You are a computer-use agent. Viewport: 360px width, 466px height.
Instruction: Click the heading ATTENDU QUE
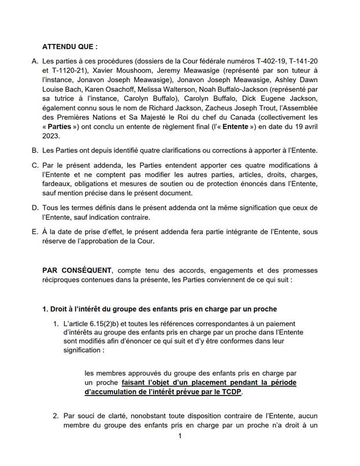pos(70,46)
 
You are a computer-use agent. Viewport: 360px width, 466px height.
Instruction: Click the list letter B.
pos(35,151)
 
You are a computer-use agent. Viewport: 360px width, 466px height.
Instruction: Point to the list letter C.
pos(35,166)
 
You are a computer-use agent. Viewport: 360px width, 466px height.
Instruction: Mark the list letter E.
pos(35,232)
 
